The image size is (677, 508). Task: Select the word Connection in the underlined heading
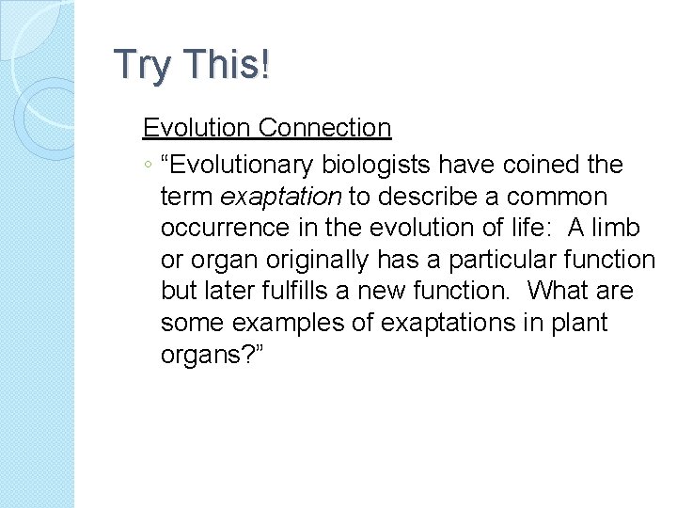pos(324,128)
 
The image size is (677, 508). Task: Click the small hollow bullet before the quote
pos(148,167)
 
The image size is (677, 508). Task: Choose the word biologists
pos(375,166)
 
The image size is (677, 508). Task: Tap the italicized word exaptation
pos(281,198)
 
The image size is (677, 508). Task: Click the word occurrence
pos(220,229)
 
